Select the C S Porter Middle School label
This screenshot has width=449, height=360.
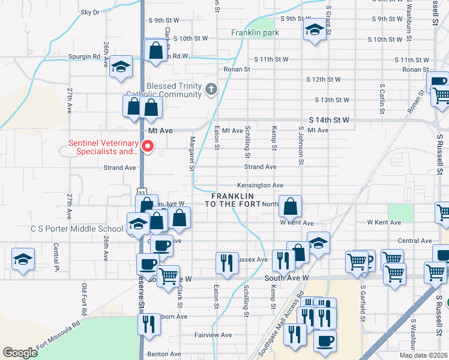pos(77,229)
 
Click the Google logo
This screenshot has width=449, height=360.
pos(20,353)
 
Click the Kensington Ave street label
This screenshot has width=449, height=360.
pos(260,186)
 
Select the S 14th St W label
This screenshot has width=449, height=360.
pos(329,120)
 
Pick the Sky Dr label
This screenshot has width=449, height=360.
pos(89,12)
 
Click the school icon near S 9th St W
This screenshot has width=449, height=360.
pos(315,31)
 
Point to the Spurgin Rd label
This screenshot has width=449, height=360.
pos(88,57)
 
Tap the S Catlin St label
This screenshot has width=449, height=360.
pos(382,98)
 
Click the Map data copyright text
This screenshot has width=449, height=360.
pos(423,355)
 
